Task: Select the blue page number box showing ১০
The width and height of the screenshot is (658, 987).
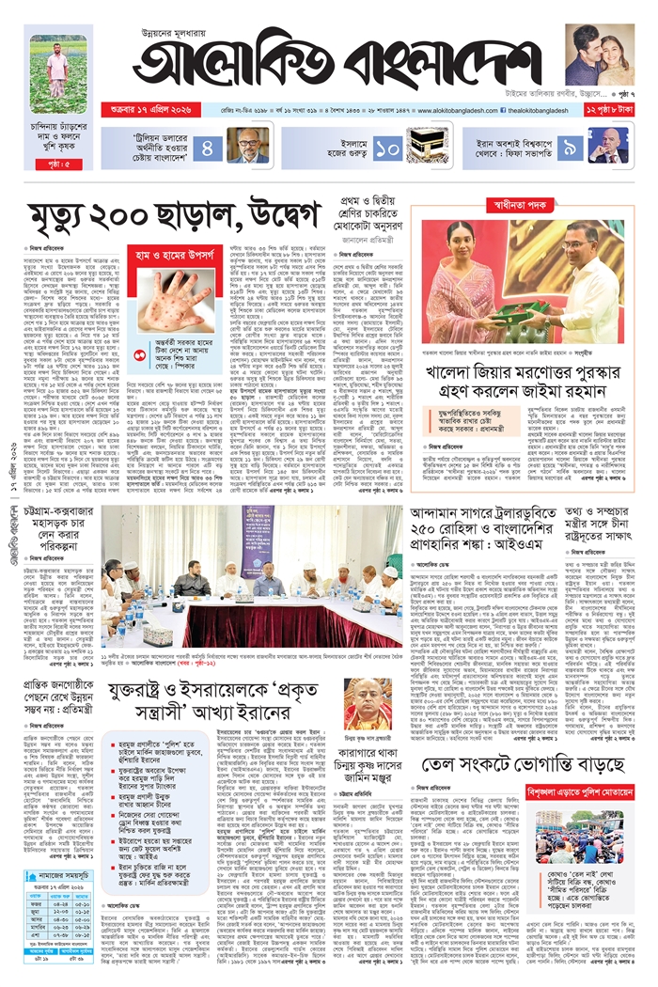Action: [388, 148]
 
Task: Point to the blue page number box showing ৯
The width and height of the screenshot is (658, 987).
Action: [570, 148]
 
